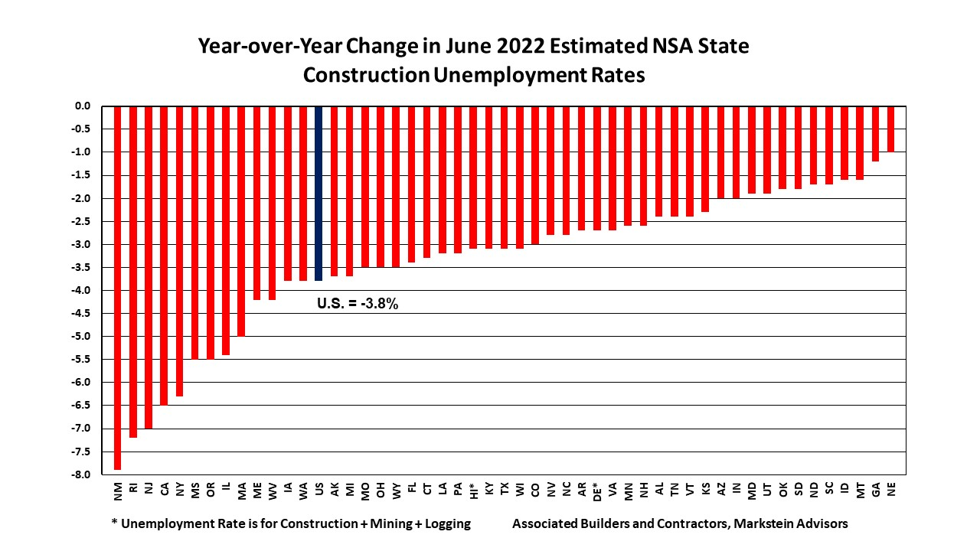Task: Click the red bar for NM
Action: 118,287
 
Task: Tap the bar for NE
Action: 890,129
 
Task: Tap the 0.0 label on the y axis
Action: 82,106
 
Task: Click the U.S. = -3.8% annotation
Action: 358,304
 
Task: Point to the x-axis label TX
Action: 504,490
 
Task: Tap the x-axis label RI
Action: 133,489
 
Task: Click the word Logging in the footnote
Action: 447,524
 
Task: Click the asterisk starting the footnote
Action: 114,523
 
